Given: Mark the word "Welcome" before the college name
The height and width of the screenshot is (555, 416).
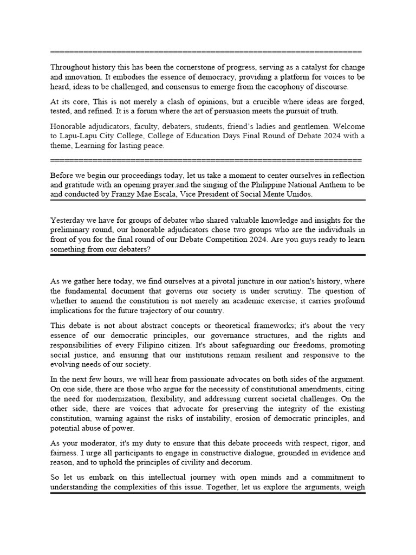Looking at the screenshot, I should pyautogui.click(x=349, y=126).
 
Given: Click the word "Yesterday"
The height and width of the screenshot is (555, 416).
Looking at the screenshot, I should pyautogui.click(x=68, y=220).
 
